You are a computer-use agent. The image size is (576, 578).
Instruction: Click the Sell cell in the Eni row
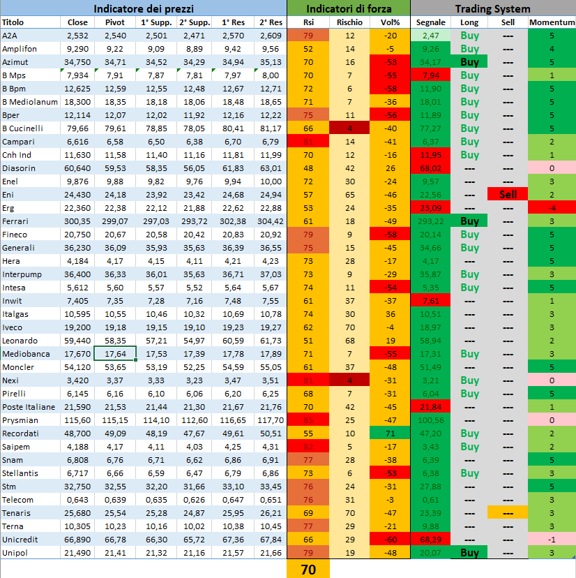(508, 195)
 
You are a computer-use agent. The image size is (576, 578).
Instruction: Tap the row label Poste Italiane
(28, 407)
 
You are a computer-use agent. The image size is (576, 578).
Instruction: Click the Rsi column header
(308, 23)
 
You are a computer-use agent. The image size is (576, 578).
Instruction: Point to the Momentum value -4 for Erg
(552, 208)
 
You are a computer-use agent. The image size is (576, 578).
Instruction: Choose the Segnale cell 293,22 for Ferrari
(430, 221)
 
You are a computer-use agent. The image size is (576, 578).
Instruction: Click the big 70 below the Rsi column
(308, 569)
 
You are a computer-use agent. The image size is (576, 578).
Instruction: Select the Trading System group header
(492, 9)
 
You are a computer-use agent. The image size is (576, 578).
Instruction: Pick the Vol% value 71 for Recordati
(390, 433)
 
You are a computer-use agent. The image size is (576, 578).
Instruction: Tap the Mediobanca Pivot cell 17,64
(115, 354)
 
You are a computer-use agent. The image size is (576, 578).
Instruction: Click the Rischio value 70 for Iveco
(349, 327)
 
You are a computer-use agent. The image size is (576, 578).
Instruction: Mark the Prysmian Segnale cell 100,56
(430, 420)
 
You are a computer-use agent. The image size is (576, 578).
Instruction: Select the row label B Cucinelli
(24, 128)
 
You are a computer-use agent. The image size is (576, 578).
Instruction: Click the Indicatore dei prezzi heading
(143, 9)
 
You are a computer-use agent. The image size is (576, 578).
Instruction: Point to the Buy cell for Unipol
(470, 553)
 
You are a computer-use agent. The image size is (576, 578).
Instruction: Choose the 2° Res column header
(270, 23)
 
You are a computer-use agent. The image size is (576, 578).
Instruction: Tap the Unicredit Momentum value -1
(552, 540)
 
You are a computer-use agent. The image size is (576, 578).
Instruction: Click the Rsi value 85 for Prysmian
(308, 420)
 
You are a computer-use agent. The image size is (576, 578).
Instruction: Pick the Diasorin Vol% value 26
(390, 168)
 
